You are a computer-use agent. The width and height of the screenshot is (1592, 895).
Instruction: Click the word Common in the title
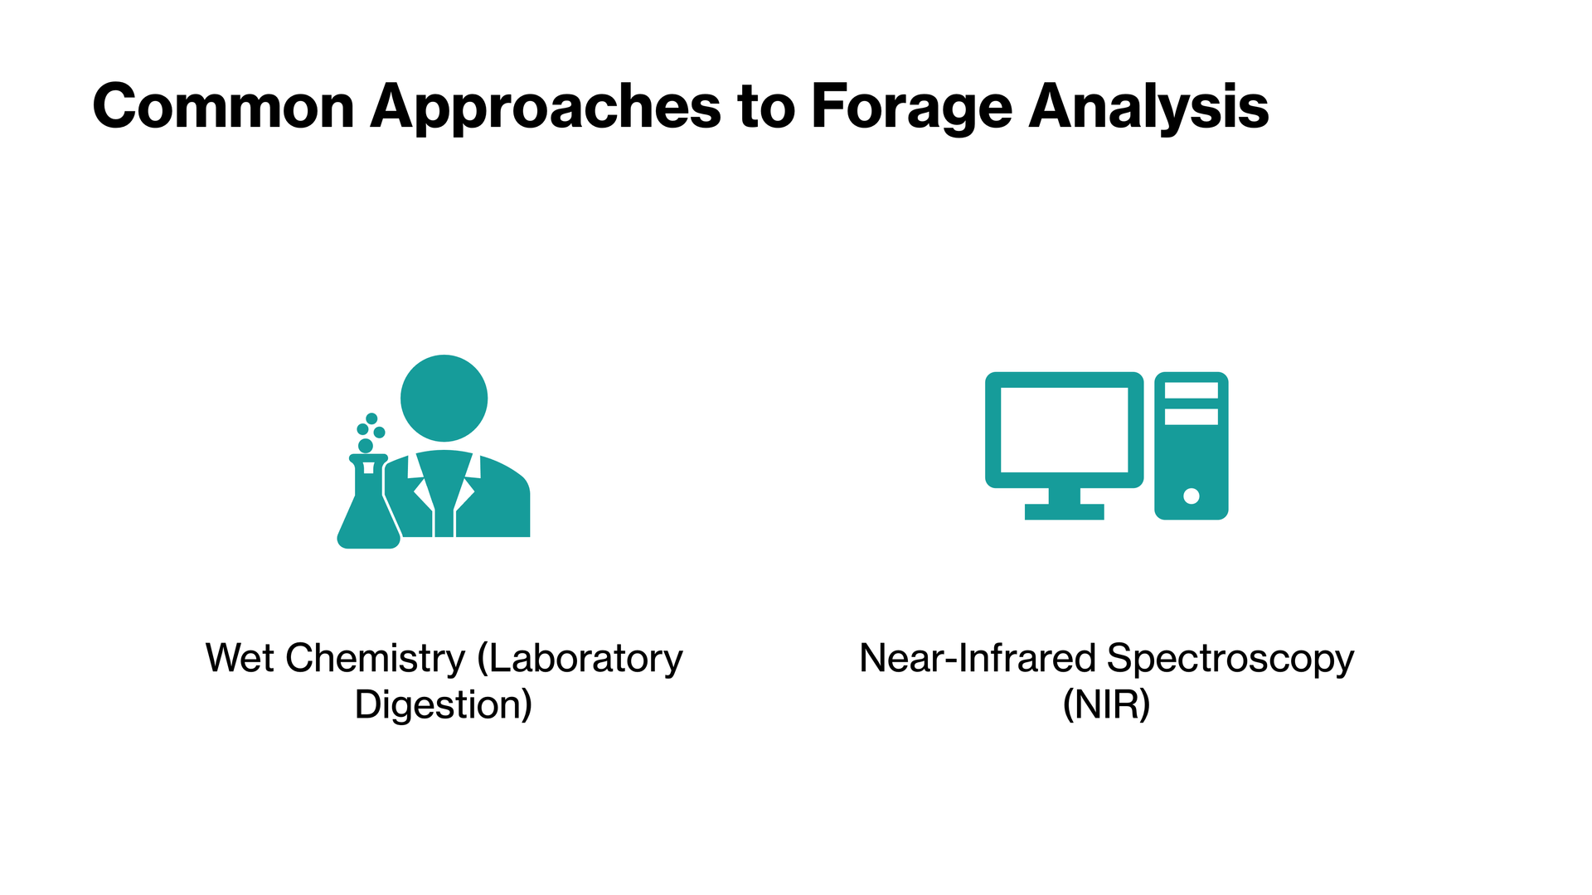point(224,106)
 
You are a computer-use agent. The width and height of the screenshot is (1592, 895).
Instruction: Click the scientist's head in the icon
point(444,398)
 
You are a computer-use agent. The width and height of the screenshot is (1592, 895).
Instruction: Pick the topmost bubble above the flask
point(371,418)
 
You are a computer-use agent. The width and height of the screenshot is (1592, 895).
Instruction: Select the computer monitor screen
point(1064,430)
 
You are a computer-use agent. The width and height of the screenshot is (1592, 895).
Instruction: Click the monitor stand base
point(1064,511)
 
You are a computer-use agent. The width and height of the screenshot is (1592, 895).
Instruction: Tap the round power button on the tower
point(1192,496)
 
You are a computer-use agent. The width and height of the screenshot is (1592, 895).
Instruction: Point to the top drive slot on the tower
point(1192,390)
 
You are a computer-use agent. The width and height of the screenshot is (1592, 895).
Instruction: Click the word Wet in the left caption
point(240,658)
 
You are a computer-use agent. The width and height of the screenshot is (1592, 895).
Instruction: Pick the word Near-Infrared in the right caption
point(978,658)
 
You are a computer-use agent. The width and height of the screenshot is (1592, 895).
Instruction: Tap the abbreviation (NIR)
point(1107,704)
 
